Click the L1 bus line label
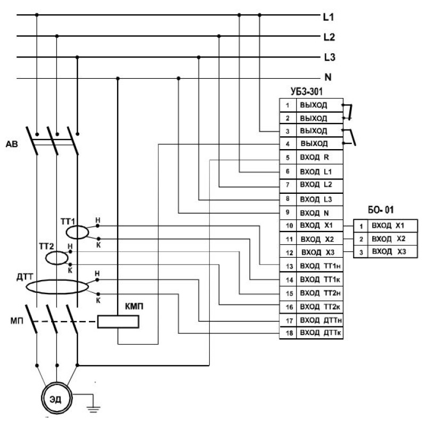click(328, 17)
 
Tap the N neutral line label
click(328, 77)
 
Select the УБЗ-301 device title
click(307, 92)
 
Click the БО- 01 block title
click(381, 210)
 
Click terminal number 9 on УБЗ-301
click(288, 212)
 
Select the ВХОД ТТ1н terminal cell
click(319, 266)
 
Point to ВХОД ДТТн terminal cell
click(319, 321)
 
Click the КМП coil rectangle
click(118, 322)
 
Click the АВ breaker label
click(12, 144)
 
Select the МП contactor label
click(17, 321)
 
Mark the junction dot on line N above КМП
click(118, 78)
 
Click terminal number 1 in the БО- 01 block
click(361, 226)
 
